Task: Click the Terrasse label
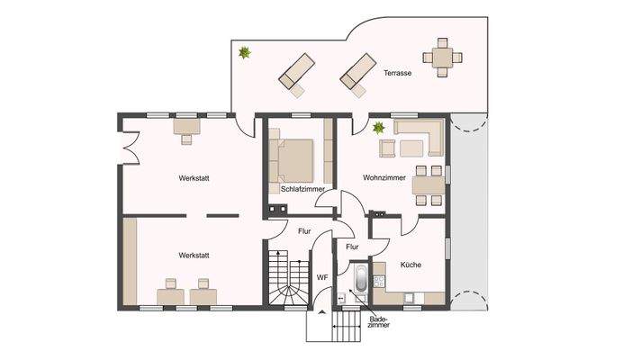(x=397, y=73)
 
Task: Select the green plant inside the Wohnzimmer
(x=379, y=128)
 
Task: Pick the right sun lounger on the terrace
(x=357, y=72)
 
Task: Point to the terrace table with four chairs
(x=443, y=57)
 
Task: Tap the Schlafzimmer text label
(x=302, y=189)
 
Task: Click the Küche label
(x=411, y=265)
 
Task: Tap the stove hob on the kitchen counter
(x=410, y=296)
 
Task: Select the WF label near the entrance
(x=321, y=278)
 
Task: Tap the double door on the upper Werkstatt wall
(x=128, y=146)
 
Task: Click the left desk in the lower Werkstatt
(x=168, y=294)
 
